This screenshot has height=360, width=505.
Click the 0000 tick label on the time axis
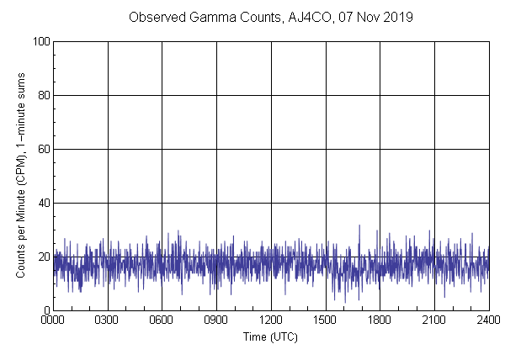click(53, 320)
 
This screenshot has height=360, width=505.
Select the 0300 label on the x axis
click(108, 320)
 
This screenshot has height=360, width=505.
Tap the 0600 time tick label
click(162, 320)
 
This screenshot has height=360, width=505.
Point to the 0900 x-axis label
click(216, 320)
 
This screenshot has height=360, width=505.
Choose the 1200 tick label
click(271, 320)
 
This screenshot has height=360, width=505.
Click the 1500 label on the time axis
click(325, 320)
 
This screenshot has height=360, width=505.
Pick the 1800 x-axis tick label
click(380, 320)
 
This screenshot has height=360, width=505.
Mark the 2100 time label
click(433, 320)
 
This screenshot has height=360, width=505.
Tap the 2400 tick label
click(488, 320)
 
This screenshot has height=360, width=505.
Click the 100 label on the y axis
click(40, 41)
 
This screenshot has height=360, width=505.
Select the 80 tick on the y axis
click(43, 95)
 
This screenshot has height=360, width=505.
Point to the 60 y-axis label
click(43, 149)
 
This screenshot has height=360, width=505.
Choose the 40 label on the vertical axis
click(43, 203)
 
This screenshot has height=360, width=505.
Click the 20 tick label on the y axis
click(43, 257)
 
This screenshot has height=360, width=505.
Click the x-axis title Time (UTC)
click(270, 336)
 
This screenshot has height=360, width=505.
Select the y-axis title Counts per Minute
click(20, 176)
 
